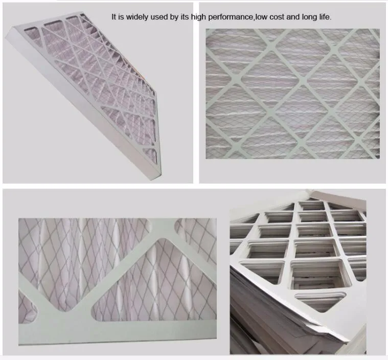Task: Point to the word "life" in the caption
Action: pyautogui.click(x=324, y=17)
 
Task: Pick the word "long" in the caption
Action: pyautogui.click(x=308, y=17)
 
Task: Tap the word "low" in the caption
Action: pyautogui.click(x=261, y=17)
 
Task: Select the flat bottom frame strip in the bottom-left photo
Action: pyautogui.click(x=118, y=332)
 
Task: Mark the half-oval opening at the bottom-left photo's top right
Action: pyautogui.click(x=195, y=229)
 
